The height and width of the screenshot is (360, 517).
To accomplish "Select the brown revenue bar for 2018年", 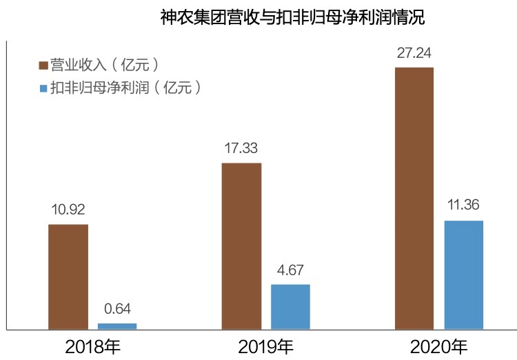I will coord(68,277).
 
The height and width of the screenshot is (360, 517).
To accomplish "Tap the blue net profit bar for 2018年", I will coord(117,326).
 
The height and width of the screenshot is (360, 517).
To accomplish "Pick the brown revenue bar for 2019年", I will coord(241,246).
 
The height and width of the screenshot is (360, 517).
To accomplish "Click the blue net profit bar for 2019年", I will coord(290,306).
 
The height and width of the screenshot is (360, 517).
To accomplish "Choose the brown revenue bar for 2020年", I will coord(414,198).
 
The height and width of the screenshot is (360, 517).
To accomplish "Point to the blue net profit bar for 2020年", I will coord(463,274).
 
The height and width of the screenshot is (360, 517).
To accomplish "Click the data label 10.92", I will coord(68,210).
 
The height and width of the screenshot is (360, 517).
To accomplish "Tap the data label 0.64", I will coord(117,308).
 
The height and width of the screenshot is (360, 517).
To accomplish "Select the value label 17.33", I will coord(241,148).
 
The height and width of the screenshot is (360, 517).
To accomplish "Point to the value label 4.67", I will coord(290,270).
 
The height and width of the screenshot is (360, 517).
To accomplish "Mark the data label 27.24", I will coord(414,52).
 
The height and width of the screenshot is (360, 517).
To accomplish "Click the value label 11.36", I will coord(463,206).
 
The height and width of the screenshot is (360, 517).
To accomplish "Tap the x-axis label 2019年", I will coord(265,346).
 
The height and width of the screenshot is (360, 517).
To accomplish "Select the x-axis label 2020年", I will coord(438,346).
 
